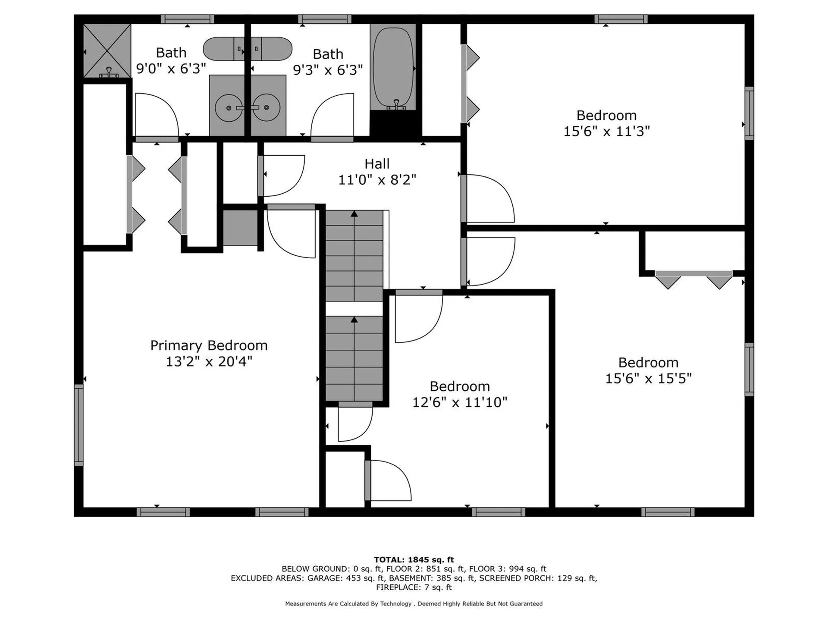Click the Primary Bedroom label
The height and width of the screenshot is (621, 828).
(x=209, y=345)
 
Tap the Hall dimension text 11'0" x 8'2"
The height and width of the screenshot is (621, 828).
(x=377, y=179)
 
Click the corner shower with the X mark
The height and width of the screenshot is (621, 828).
(x=107, y=50)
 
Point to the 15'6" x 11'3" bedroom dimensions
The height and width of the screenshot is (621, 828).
(x=606, y=131)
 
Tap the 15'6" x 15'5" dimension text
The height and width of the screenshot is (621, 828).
(x=648, y=378)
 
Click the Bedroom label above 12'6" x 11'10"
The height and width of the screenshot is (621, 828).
(x=460, y=386)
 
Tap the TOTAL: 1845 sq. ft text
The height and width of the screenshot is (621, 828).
(x=414, y=560)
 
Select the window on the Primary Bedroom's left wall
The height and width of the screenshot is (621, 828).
(x=78, y=425)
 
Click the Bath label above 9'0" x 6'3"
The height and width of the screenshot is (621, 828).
(x=171, y=53)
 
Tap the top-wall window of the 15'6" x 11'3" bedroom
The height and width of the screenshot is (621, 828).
(x=621, y=19)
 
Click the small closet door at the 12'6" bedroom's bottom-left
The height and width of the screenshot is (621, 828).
(x=388, y=480)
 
